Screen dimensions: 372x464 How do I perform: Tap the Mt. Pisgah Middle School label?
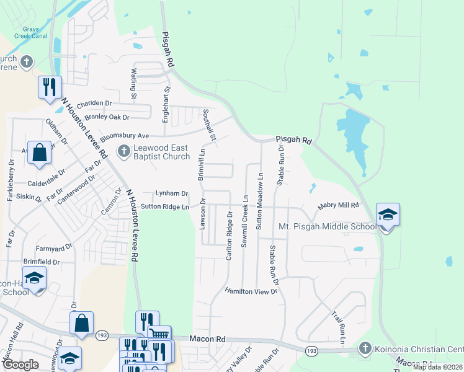pyautogui.click(x=328, y=226)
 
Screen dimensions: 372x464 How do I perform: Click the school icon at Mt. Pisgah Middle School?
pyautogui.click(x=388, y=215)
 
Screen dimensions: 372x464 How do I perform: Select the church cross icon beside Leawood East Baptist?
pyautogui.click(x=123, y=149)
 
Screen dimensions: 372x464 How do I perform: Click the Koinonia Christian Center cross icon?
pyautogui.click(x=365, y=348)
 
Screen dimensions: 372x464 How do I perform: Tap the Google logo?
pyautogui.click(x=20, y=365)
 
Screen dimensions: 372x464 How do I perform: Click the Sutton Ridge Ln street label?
pyautogui.click(x=164, y=206)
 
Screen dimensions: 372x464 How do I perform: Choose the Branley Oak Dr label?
pyautogui.click(x=107, y=117)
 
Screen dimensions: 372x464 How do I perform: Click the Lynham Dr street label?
pyautogui.click(x=171, y=193)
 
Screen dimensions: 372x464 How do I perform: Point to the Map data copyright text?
pyautogui.click(x=438, y=366)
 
